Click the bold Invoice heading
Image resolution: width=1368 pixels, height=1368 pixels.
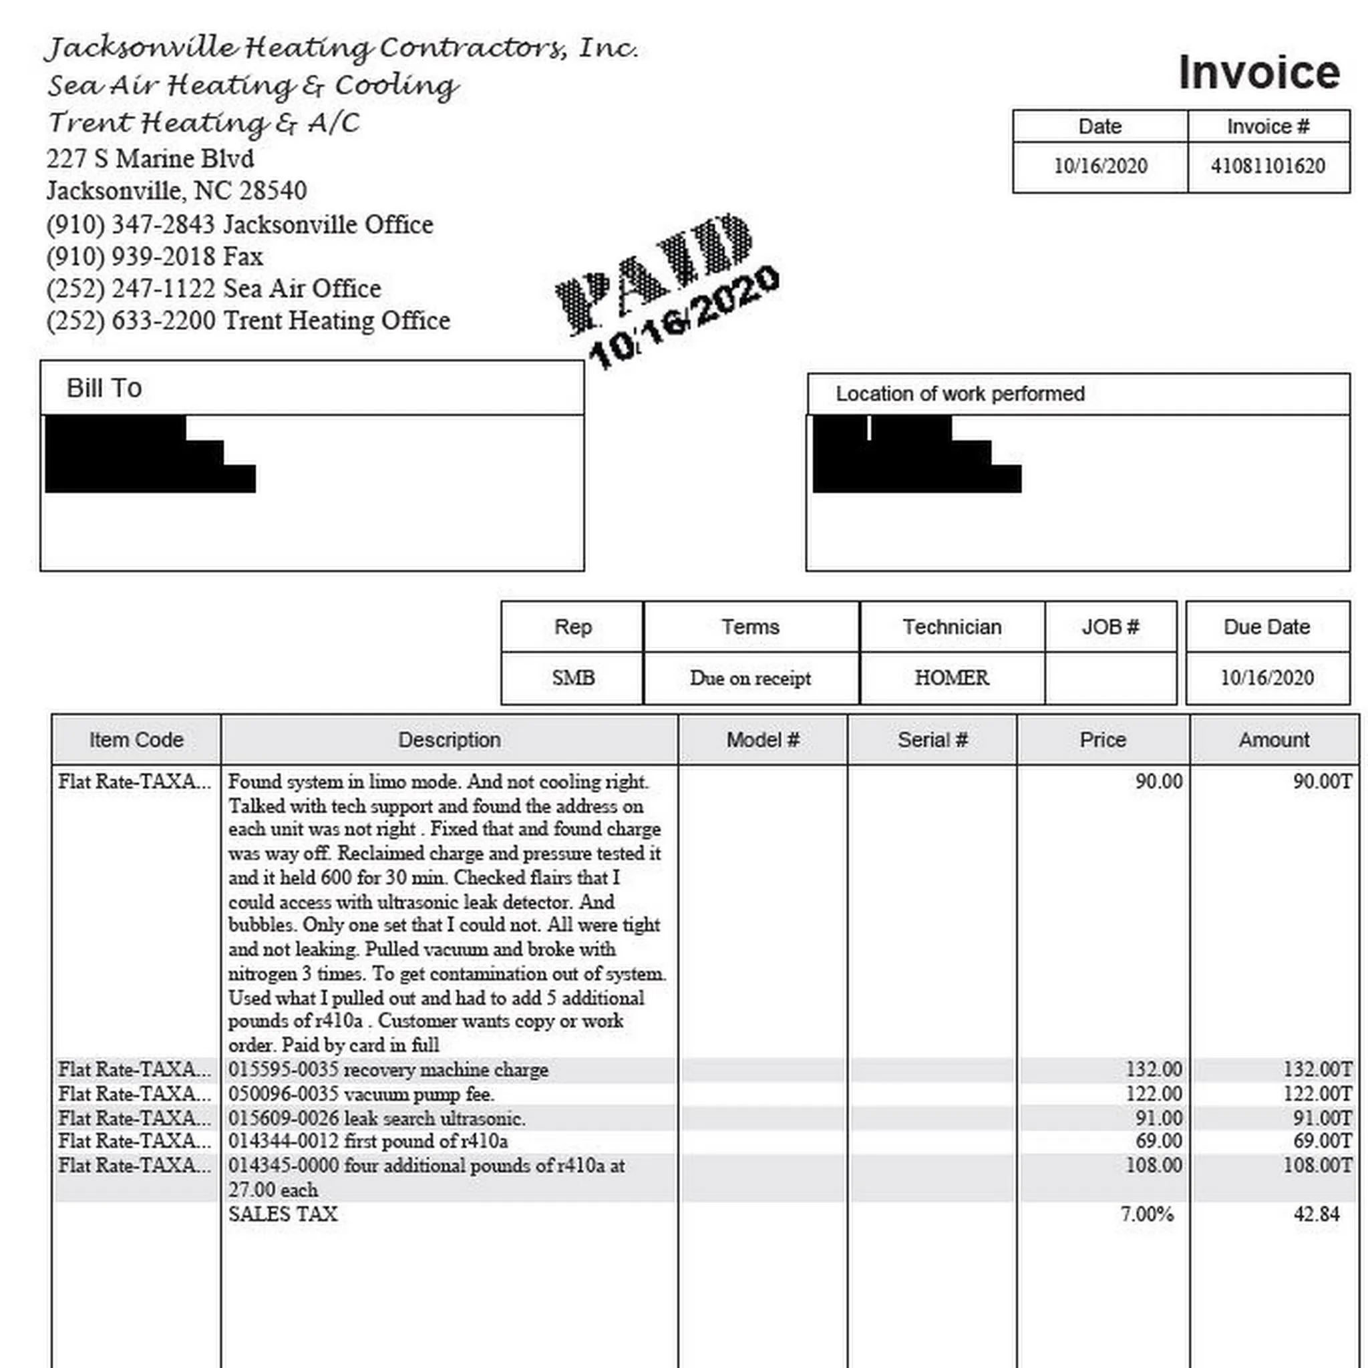[x=1258, y=72]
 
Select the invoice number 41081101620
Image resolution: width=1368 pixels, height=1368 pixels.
[x=1267, y=166]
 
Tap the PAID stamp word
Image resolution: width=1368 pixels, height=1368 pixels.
[x=655, y=273]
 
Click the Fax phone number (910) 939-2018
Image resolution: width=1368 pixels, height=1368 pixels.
[x=130, y=256]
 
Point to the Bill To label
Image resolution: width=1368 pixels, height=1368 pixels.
[x=104, y=388]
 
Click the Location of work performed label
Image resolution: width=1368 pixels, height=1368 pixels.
[x=959, y=393]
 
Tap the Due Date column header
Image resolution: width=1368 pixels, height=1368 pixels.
[x=1266, y=627]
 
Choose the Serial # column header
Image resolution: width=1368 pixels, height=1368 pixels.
[x=932, y=740]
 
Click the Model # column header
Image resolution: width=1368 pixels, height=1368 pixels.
[x=763, y=740]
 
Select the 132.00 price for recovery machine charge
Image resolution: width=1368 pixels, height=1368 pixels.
[x=1154, y=1069]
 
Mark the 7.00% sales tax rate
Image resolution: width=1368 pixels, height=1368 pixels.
[x=1146, y=1214]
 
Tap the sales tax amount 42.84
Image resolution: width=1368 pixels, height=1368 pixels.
[x=1316, y=1214]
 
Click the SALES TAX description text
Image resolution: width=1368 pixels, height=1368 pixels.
[x=283, y=1214]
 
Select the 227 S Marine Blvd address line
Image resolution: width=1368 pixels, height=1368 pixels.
[x=150, y=158]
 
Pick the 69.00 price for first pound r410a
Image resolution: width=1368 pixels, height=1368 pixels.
[x=1158, y=1141]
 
